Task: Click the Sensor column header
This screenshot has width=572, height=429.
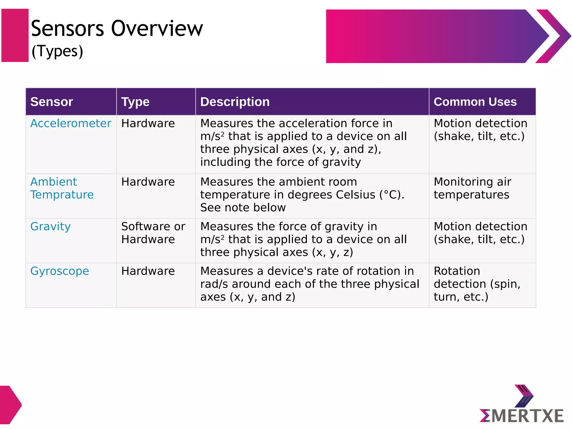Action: [x=52, y=102]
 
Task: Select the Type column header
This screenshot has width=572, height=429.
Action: [x=135, y=102]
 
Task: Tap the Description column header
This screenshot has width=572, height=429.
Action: [x=235, y=102]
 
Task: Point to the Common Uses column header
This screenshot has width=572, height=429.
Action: [x=475, y=102]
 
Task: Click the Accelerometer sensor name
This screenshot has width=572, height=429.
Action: [x=71, y=123]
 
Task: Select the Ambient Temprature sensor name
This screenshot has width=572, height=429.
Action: [x=62, y=188]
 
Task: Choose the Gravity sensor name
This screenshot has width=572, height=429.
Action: [x=51, y=227]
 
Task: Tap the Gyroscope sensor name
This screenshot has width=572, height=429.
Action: [x=60, y=271]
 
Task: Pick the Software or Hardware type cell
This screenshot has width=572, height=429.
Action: [x=153, y=233]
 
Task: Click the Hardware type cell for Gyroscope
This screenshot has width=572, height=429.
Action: [x=148, y=271]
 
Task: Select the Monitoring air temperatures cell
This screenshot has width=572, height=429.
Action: [x=472, y=188]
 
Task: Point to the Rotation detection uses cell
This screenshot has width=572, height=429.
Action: [x=477, y=284]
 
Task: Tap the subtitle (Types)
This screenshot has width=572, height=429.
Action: [x=57, y=51]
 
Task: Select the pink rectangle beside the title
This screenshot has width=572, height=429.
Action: [x=15, y=35]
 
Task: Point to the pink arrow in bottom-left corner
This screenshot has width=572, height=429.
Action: [x=10, y=405]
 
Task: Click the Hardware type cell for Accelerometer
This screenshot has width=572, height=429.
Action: [x=148, y=123]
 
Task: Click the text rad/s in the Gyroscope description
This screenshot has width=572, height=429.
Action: [x=214, y=284]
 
